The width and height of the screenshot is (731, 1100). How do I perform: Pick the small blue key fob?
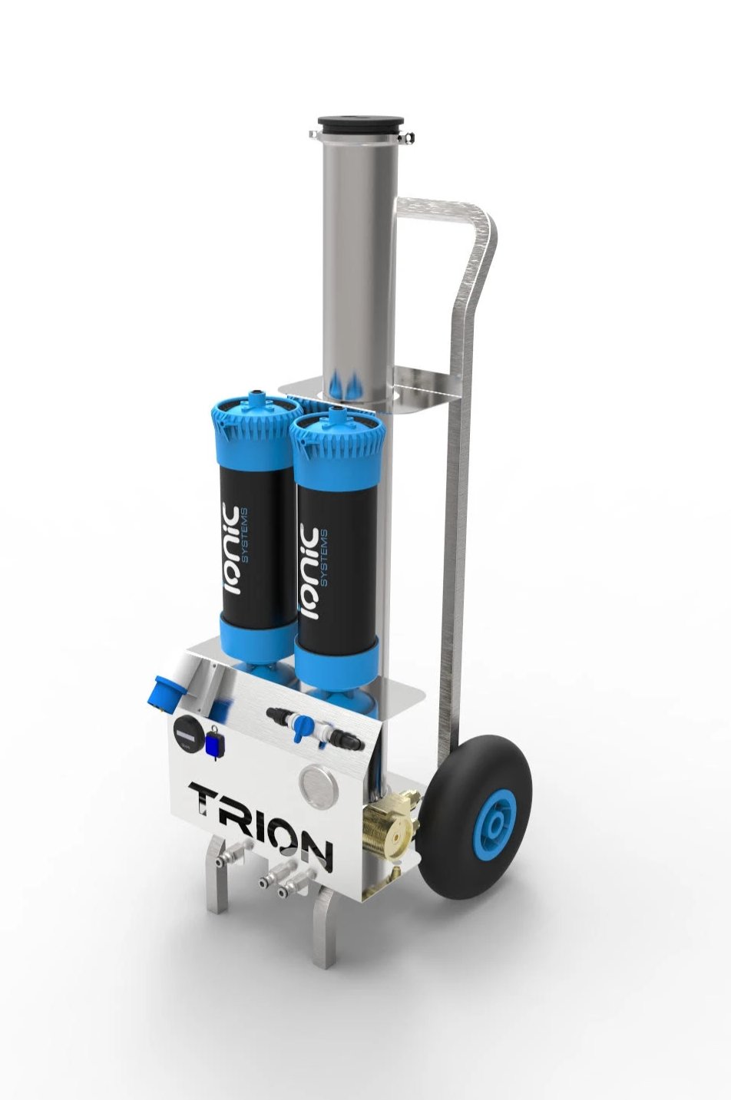pyautogui.click(x=213, y=743)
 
